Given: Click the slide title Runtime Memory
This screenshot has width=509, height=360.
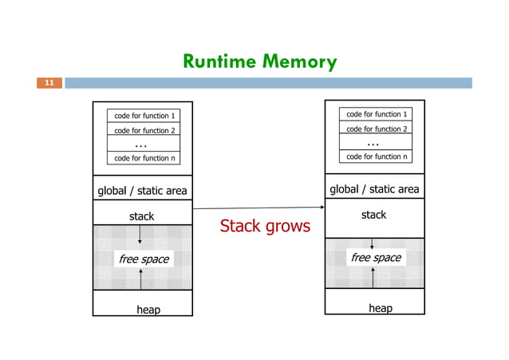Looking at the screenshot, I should tap(259, 61).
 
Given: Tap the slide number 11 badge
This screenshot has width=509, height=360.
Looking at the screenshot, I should tap(49, 82).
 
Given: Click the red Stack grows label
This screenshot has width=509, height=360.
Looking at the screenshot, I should tap(264, 227).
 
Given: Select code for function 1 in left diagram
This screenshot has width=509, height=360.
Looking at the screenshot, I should tap(144, 117).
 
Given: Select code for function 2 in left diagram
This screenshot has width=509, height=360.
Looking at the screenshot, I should tap(144, 130).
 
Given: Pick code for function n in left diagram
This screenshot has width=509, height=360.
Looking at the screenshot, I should tap(144, 158).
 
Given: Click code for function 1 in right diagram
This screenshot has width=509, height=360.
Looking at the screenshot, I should tap(375, 115).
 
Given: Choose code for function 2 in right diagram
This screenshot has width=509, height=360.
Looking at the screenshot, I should tap(375, 129).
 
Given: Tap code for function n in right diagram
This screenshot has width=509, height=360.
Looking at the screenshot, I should tap(375, 156).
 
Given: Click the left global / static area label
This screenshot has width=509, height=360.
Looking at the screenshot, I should tap(142, 190).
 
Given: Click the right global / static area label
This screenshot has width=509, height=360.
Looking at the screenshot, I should tap(374, 189).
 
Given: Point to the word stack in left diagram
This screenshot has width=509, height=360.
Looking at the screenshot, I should tap(141, 216).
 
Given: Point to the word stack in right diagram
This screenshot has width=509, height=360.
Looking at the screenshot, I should tap(373, 215).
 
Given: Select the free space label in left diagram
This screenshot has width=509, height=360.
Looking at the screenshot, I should tap(144, 259).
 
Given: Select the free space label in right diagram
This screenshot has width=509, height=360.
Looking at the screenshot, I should tap(376, 258).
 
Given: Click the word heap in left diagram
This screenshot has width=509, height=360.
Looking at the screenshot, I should tap(148, 309).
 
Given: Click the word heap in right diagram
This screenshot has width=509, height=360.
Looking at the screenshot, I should tap(380, 308).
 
